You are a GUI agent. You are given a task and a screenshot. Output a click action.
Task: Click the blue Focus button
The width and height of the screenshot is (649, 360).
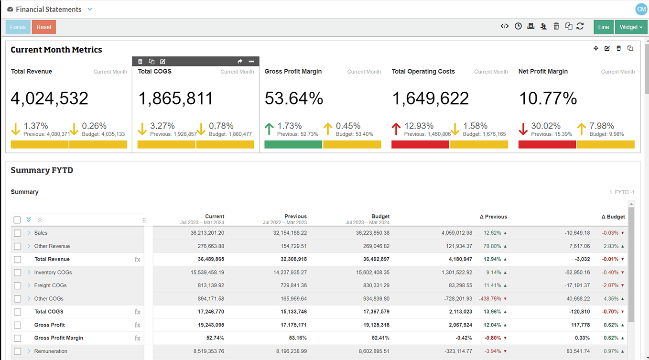18,27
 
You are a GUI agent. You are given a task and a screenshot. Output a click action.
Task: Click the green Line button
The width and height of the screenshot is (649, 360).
603,27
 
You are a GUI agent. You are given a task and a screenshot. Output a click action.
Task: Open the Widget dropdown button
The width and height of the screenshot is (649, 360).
630,27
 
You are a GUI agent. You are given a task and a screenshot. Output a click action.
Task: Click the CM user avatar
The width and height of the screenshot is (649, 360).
640,9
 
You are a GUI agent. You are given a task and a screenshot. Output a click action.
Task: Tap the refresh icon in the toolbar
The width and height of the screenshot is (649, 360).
580,27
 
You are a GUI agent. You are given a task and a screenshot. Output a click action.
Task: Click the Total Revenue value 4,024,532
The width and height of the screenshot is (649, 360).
50,98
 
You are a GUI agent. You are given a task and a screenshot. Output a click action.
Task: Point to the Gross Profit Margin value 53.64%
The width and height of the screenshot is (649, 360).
294,98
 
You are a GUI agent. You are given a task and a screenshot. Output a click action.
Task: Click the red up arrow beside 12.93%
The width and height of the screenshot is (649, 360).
396,129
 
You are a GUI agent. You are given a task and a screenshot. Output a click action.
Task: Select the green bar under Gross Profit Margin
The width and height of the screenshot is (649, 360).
293,144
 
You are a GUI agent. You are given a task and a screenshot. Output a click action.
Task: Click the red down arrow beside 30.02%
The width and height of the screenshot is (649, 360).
523,129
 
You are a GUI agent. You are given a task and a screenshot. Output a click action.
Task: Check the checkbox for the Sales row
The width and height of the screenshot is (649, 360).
18,233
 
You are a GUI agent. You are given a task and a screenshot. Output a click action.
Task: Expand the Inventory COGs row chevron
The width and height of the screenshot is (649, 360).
29,273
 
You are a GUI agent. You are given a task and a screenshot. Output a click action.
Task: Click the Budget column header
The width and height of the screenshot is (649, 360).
380,217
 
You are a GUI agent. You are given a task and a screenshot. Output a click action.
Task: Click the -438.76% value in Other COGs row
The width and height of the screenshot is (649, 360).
490,299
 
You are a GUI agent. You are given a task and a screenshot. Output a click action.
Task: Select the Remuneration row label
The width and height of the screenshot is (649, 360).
51,351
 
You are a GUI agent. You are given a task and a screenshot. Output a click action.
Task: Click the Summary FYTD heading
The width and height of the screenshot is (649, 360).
42,170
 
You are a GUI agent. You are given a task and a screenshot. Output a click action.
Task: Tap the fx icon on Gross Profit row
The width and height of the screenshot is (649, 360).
137,325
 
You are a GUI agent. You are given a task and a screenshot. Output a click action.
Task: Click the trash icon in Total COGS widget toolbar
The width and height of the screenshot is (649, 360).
140,61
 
